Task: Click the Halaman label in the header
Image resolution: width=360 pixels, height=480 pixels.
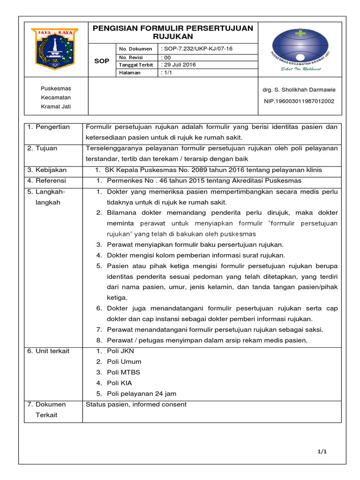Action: [130, 73]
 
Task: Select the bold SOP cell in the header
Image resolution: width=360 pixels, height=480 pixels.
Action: [102, 61]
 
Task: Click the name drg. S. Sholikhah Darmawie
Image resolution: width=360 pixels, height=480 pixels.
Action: [300, 90]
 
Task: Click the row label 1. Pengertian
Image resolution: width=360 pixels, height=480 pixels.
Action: [48, 127]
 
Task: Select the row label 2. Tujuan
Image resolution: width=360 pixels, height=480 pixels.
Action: [42, 148]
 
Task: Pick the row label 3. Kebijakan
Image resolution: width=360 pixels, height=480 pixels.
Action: [47, 170]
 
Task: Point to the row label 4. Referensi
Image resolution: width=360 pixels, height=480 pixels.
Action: [46, 180]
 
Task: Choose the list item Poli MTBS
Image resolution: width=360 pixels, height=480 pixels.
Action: [124, 372]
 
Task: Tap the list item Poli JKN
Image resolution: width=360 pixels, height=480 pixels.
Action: [120, 351]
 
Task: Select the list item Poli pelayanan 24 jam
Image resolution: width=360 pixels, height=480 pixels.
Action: [142, 394]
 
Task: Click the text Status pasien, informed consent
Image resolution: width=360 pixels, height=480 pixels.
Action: [136, 405]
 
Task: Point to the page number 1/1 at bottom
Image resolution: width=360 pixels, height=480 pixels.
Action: [322, 451]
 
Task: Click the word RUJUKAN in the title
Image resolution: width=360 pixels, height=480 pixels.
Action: [173, 36]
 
